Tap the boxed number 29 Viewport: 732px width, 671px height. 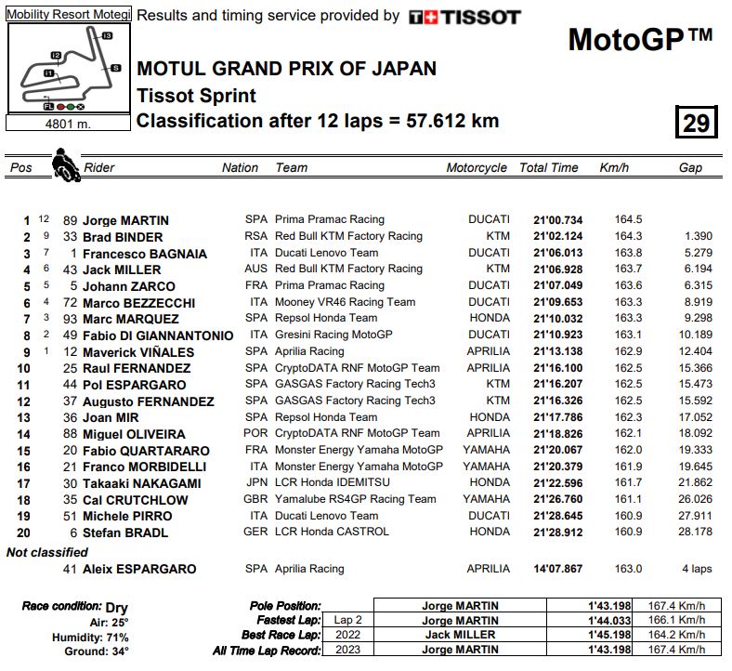695,123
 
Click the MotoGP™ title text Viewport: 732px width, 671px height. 640,40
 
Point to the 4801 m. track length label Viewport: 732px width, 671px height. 68,123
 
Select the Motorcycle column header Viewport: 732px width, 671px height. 477,168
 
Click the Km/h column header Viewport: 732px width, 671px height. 614,168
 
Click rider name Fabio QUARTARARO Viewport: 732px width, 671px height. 146,451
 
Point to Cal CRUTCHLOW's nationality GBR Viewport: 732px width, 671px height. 256,500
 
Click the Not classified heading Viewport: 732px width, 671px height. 48,552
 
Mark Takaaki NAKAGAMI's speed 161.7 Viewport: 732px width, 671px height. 628,483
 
